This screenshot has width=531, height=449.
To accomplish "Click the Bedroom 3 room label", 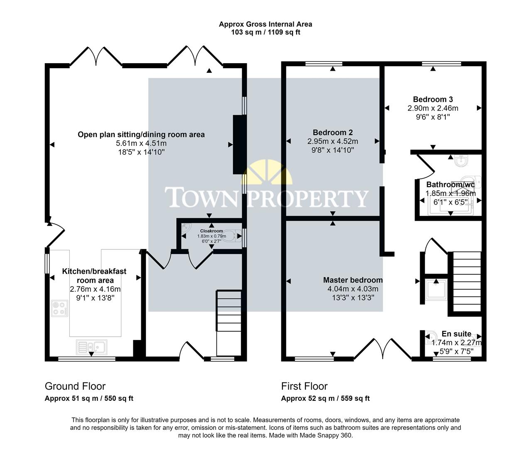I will tap(433, 99).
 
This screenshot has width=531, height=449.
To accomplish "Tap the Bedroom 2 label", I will tap(332, 132).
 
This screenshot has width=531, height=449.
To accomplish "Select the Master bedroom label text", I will tap(353, 280).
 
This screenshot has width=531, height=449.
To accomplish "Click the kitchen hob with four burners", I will tap(59, 308).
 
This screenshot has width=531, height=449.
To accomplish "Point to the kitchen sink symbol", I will tap(92, 346).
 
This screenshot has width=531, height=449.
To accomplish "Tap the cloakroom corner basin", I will tap(186, 228).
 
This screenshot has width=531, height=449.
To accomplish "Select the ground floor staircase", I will tap(228, 322).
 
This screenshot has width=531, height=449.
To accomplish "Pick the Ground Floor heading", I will tap(75, 386).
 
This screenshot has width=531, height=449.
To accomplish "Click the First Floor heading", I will tap(304, 386).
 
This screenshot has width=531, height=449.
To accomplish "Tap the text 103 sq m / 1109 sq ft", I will tap(265, 32).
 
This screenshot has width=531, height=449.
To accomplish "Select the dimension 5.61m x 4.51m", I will tap(141, 143).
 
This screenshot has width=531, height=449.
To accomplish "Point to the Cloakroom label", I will tap(211, 231).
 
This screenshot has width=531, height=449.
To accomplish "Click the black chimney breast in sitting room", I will tap(239, 144).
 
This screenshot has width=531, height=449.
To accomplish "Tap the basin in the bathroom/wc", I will tap(461, 160).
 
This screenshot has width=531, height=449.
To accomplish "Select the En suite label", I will tap(456, 334).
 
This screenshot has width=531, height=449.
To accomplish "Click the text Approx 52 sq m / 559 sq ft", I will tap(325, 398).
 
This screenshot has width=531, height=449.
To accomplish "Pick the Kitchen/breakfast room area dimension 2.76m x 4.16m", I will tap(95, 289).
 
